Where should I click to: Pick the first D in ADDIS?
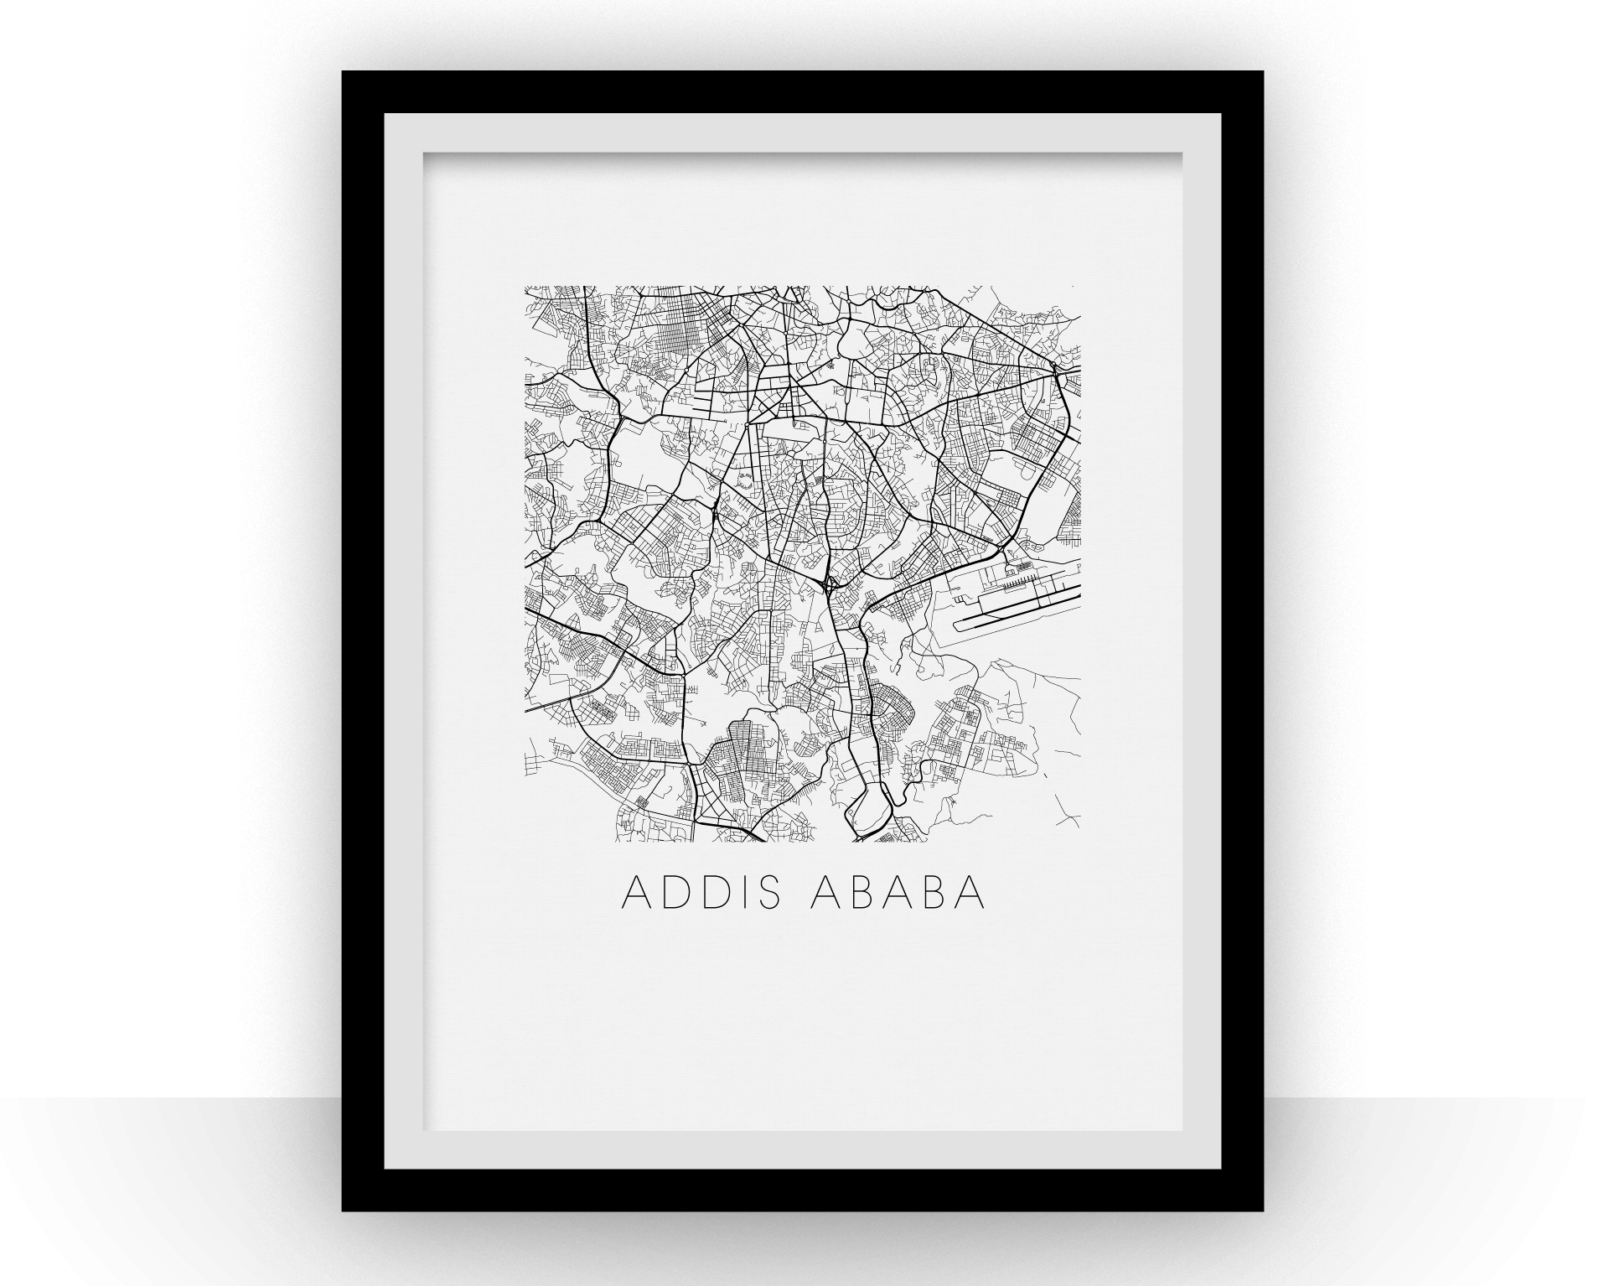point(673,894)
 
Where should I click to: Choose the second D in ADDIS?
point(712,894)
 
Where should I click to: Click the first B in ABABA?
point(862,894)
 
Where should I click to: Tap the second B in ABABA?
point(934,894)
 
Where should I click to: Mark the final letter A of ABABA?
point(970,894)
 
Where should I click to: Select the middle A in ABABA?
point(898,894)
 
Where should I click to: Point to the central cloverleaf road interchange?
point(827,586)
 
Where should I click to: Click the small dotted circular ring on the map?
point(742,482)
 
